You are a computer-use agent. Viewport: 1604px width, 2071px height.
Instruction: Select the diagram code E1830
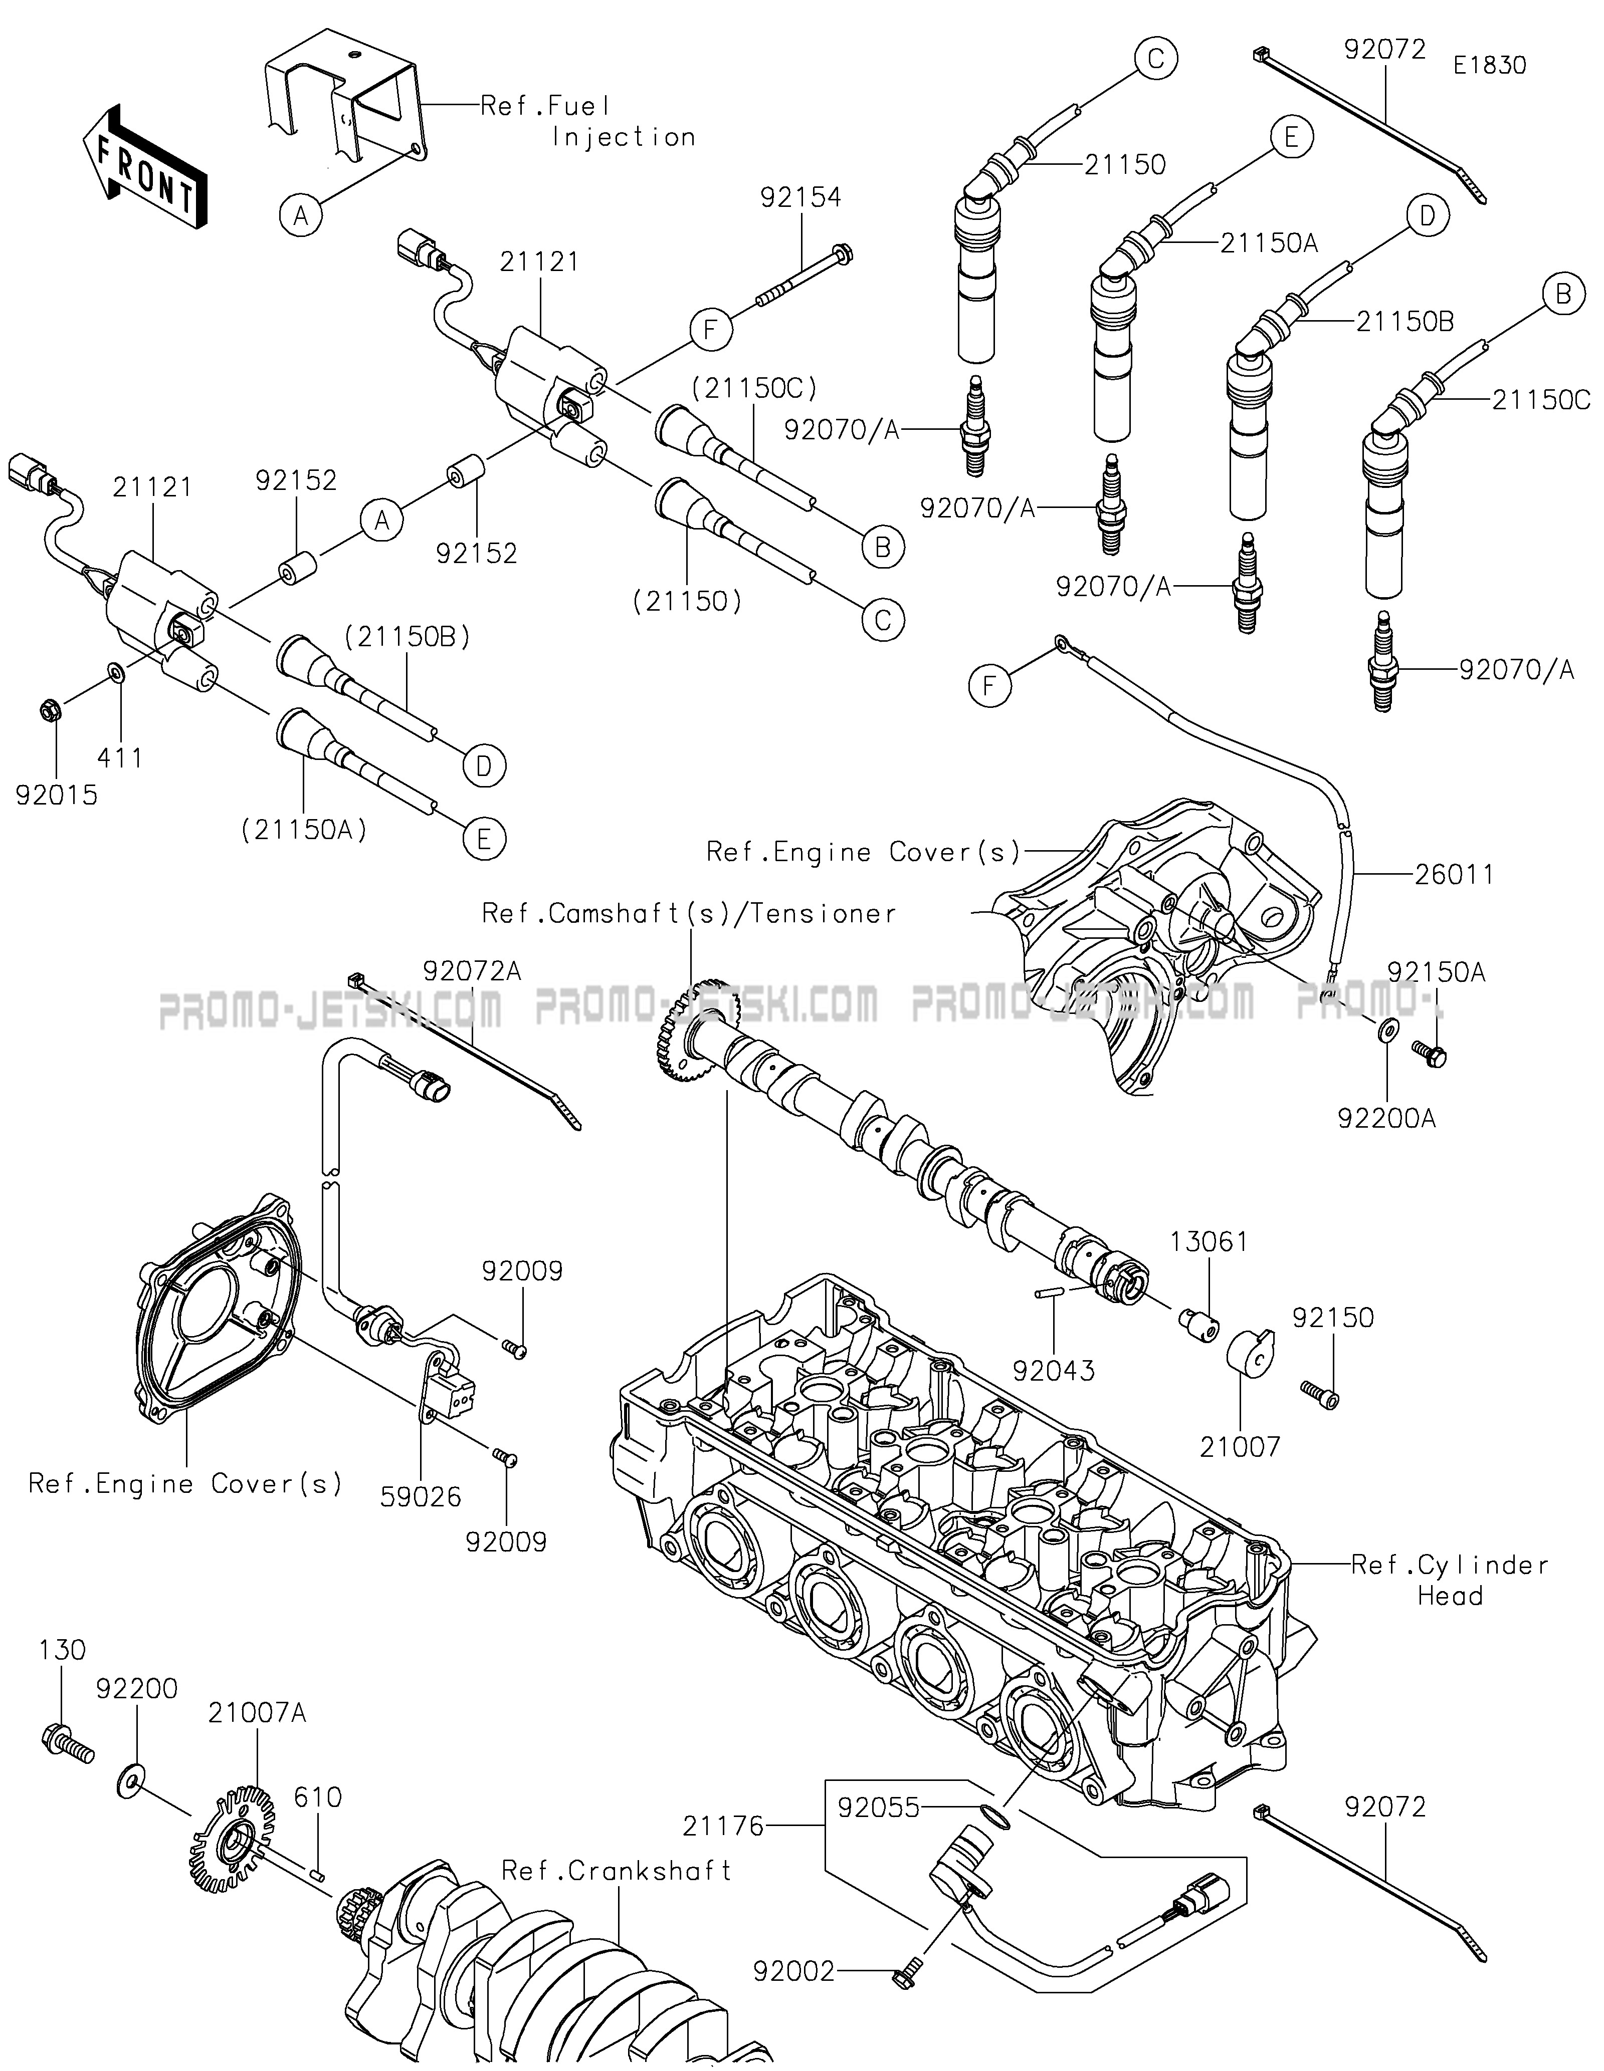point(1489,66)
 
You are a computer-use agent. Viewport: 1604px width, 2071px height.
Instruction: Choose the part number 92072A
point(472,970)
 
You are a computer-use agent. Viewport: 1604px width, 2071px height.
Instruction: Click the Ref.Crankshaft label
point(617,1870)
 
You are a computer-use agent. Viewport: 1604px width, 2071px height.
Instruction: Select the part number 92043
point(1053,1370)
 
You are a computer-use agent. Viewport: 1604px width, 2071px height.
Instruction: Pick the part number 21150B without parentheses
point(1405,322)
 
